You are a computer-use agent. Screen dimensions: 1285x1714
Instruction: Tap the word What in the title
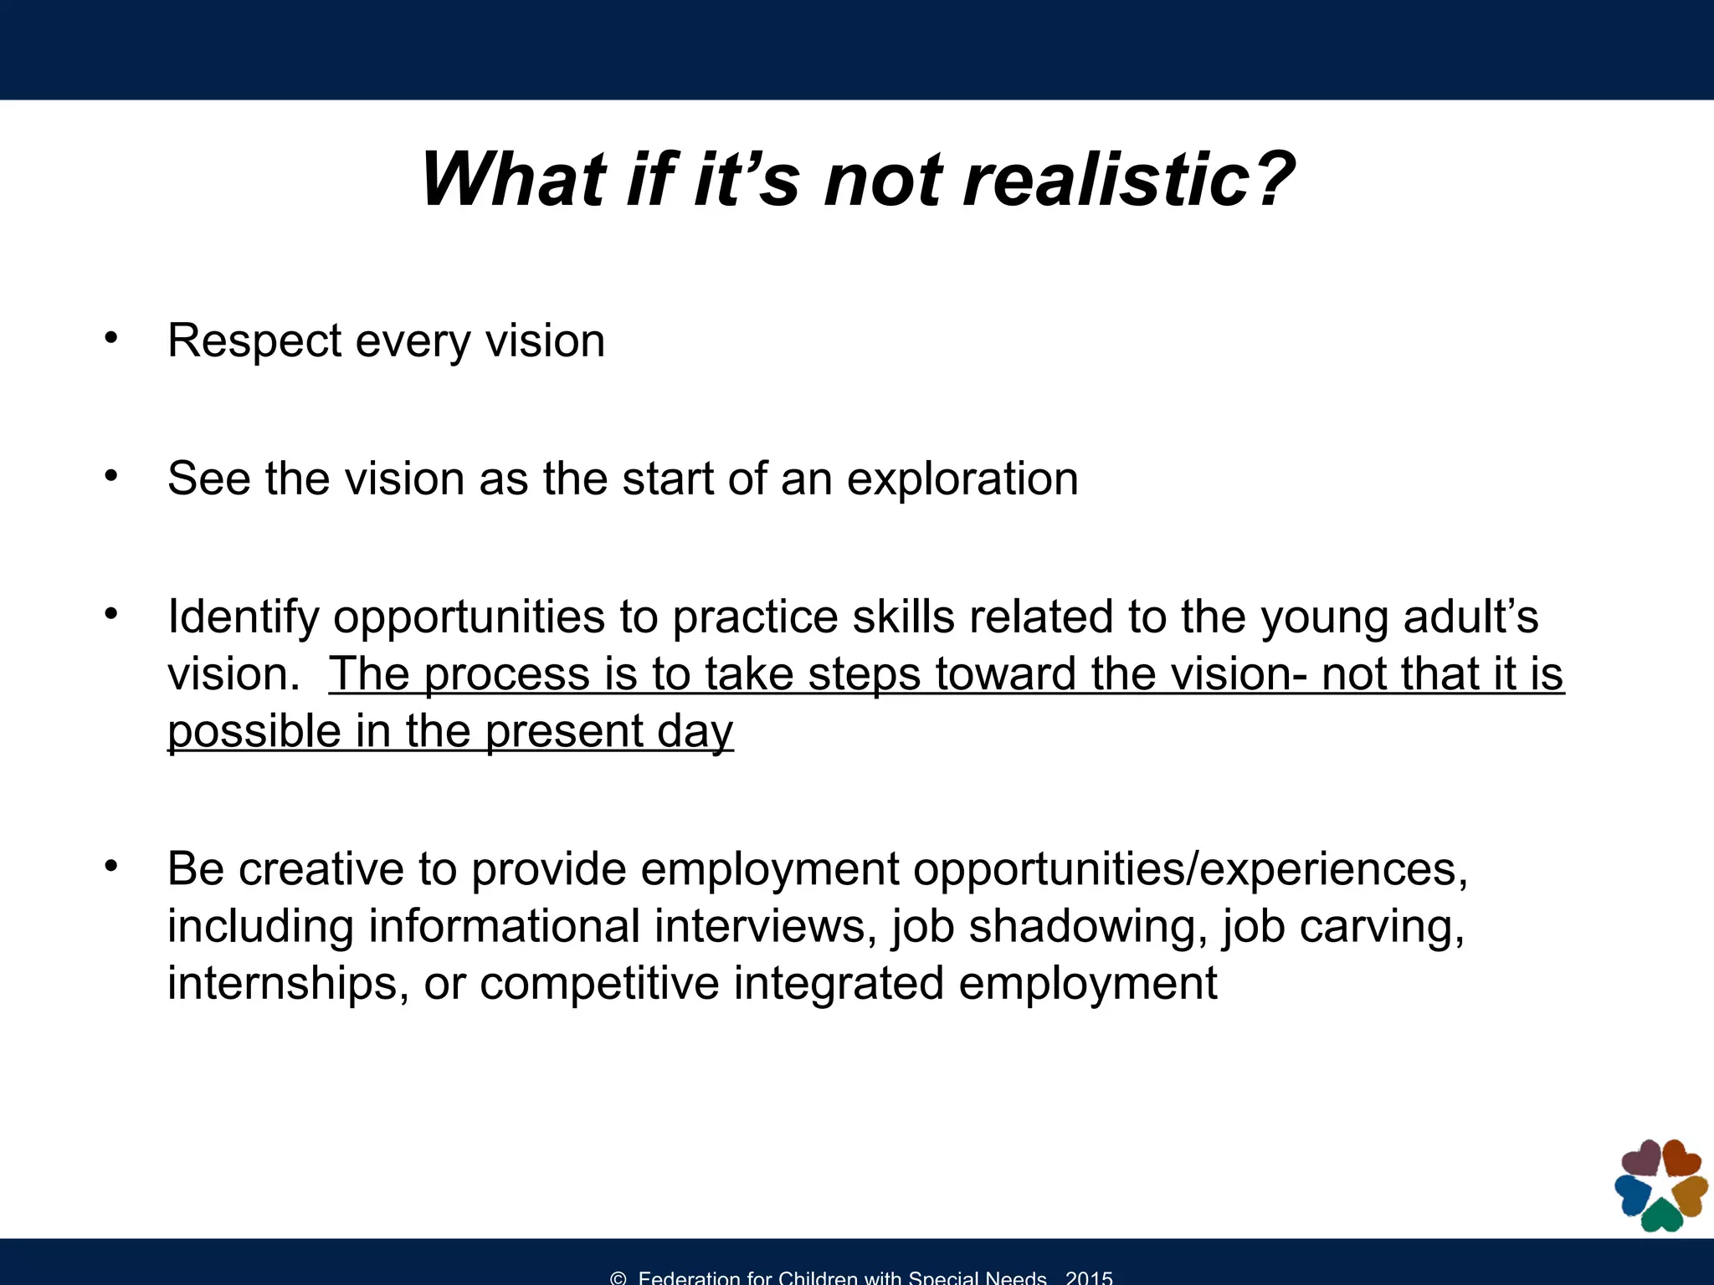pos(512,180)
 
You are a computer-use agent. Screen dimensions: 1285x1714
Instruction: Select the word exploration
pos(962,479)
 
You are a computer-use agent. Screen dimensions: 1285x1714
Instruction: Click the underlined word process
pos(506,674)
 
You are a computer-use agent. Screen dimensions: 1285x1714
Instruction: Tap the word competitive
pos(599,983)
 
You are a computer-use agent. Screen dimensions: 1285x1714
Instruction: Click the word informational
pos(504,926)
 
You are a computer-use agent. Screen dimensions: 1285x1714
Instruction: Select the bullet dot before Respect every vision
pos(111,339)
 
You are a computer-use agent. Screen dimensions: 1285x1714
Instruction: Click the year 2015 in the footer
pos(1089,1277)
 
